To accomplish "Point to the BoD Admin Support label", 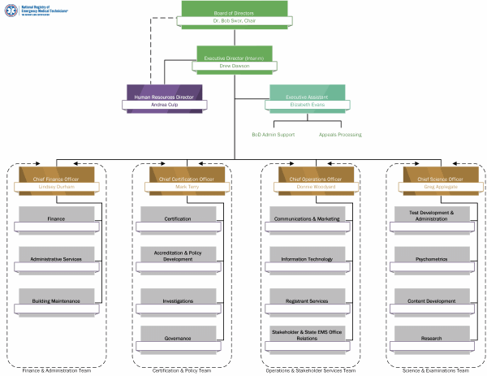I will coord(273,135).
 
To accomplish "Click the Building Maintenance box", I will coord(56,300).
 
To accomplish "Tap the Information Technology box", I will coord(307,259).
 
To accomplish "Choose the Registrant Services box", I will coord(307,300).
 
